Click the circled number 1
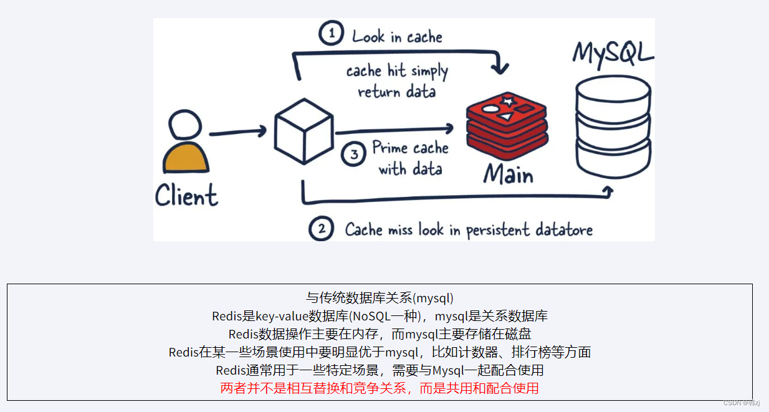click(332, 34)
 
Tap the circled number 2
click(322, 229)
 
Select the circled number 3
click(354, 155)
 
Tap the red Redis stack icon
click(507, 125)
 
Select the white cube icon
click(303, 132)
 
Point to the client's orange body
click(186, 159)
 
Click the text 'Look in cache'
click(397, 37)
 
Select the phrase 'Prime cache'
click(410, 148)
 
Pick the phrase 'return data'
click(396, 92)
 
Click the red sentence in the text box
click(379, 388)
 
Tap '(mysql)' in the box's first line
click(432, 297)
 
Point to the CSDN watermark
click(742, 403)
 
